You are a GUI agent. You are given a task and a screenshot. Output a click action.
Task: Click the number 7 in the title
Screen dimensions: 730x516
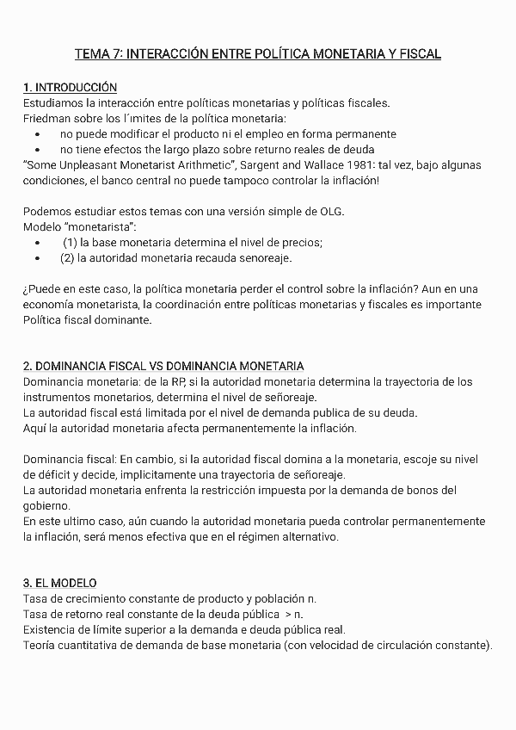click(116, 54)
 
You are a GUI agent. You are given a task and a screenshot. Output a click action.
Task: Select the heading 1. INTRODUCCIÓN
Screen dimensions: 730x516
click(71, 88)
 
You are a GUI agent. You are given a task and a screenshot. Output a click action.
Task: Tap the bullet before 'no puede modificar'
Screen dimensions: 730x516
click(37, 134)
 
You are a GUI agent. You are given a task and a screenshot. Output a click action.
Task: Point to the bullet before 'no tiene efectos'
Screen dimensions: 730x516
click(37, 149)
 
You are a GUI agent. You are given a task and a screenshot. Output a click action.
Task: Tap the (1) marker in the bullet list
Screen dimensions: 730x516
click(70, 243)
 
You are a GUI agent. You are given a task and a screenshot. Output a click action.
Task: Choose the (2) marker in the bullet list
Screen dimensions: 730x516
click(67, 257)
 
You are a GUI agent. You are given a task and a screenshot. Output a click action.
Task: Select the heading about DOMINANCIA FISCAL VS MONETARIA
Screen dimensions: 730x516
click(163, 366)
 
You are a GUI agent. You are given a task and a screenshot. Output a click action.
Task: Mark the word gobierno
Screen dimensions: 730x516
click(47, 506)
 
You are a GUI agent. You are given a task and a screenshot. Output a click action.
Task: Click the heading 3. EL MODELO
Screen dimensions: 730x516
click(60, 583)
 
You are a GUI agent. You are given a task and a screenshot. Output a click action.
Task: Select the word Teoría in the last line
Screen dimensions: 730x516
click(40, 645)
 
